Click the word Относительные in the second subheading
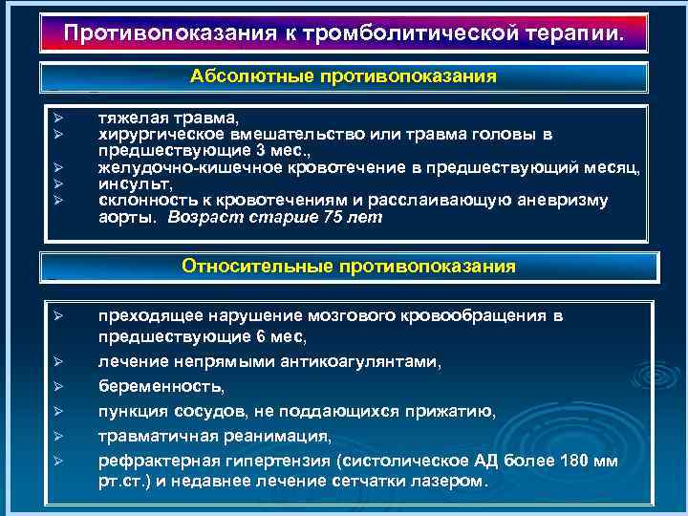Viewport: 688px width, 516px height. click(257, 267)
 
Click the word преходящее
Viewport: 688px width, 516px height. click(150, 315)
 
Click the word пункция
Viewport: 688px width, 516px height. click(133, 412)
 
